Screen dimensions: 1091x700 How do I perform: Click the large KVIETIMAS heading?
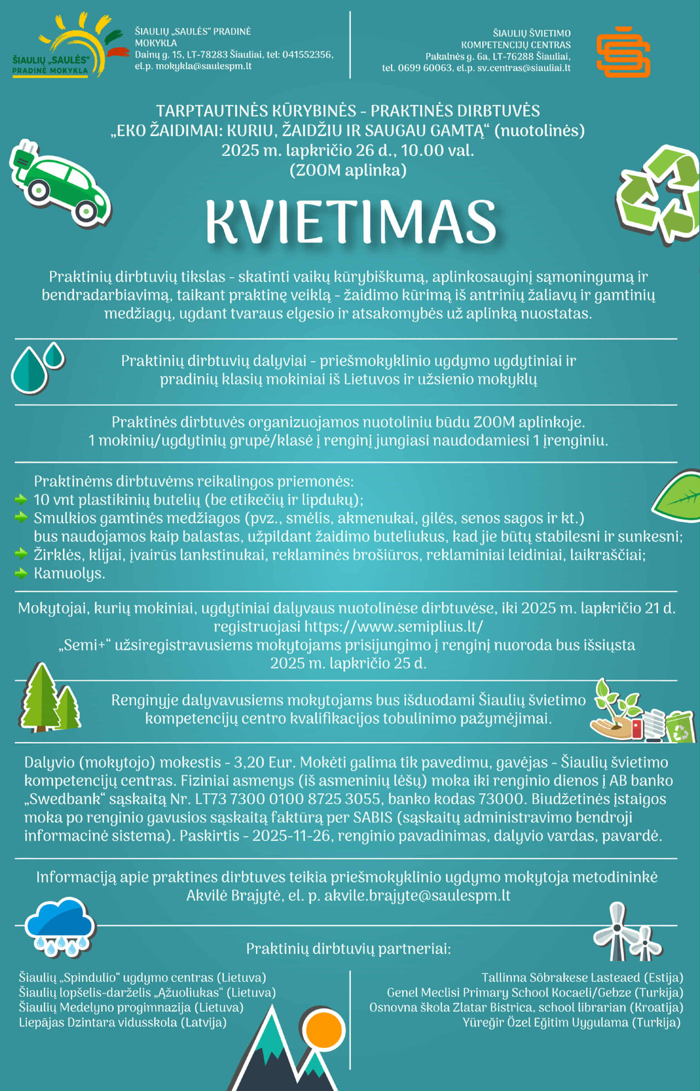(351, 221)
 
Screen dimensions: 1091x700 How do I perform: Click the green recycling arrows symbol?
(660, 194)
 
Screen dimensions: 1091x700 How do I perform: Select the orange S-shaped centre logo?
(623, 51)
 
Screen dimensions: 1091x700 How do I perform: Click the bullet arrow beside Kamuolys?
(21, 573)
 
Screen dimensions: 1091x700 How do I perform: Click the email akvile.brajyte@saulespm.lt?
(417, 896)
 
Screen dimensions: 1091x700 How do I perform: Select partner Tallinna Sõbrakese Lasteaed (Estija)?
(582, 977)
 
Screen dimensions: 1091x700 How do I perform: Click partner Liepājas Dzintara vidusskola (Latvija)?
(122, 1022)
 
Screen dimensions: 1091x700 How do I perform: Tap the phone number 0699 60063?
(425, 68)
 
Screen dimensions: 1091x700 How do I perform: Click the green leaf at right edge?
(678, 496)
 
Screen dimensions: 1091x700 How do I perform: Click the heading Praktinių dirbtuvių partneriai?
(348, 949)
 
